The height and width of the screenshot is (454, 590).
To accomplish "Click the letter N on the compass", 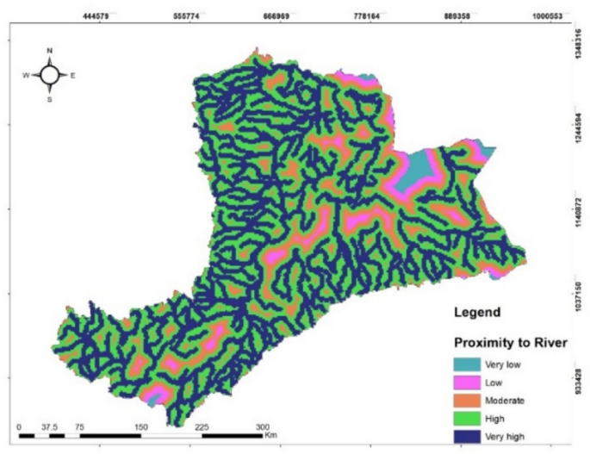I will pyautogui.click(x=50, y=51).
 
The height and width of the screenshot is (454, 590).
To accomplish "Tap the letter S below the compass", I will pyautogui.click(x=50, y=99).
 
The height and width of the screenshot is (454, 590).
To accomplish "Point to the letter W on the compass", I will pyautogui.click(x=26, y=75).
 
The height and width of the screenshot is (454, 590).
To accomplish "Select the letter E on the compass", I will pyautogui.click(x=73, y=75).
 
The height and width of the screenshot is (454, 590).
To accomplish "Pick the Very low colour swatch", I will pyautogui.click(x=470, y=364).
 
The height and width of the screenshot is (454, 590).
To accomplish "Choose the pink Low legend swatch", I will pyautogui.click(x=470, y=382).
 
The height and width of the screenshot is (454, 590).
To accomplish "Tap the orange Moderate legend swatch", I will pyautogui.click(x=470, y=401).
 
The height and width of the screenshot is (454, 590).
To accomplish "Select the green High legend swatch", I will pyautogui.click(x=470, y=419).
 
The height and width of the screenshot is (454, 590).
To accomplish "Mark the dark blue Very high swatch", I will pyautogui.click(x=470, y=437).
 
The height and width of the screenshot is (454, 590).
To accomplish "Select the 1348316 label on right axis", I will pyautogui.click(x=577, y=40).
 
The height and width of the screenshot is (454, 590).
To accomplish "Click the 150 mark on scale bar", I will pyautogui.click(x=140, y=426).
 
